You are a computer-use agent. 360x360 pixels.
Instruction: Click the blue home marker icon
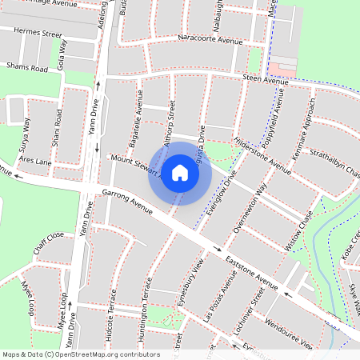(180, 173)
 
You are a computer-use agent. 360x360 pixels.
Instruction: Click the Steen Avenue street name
(265, 81)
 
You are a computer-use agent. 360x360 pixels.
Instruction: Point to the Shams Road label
(26, 68)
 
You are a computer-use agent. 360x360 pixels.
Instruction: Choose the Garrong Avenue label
(128, 202)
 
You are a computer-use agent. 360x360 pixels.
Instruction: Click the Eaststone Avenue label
(251, 273)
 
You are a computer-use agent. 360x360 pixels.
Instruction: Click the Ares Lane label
(35, 162)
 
